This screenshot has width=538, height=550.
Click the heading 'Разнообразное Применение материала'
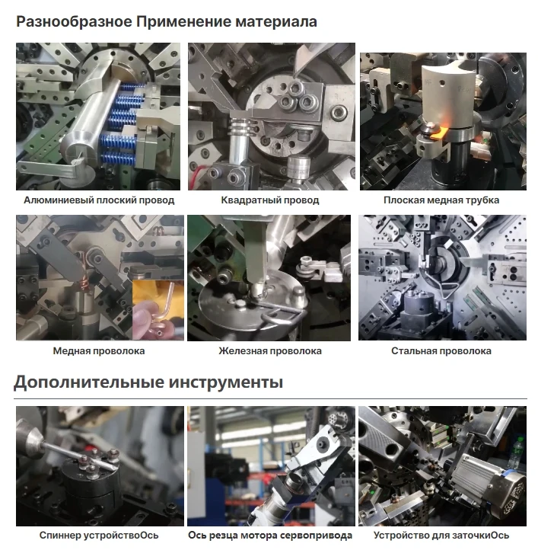pos(167,21)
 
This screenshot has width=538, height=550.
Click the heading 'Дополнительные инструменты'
pos(148,382)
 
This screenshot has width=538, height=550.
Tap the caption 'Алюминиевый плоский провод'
pos(99,200)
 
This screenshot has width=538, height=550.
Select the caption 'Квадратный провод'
pos(270,200)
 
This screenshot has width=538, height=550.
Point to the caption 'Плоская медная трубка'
pos(441,200)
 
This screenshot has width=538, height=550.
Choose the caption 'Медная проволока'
pos(99,351)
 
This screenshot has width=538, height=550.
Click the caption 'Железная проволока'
pos(270,351)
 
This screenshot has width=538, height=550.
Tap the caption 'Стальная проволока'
pos(441,351)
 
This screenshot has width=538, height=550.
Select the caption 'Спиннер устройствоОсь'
pos(99,535)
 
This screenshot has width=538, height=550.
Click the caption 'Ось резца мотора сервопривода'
pos(270,535)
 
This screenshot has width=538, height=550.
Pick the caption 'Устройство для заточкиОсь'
pos(441,535)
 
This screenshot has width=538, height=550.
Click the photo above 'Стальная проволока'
pos(442,277)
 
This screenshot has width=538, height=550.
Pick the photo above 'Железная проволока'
pos(269,277)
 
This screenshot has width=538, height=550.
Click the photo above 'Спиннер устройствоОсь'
pos(99,465)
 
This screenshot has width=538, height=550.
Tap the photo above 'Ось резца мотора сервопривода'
pos(270,465)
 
